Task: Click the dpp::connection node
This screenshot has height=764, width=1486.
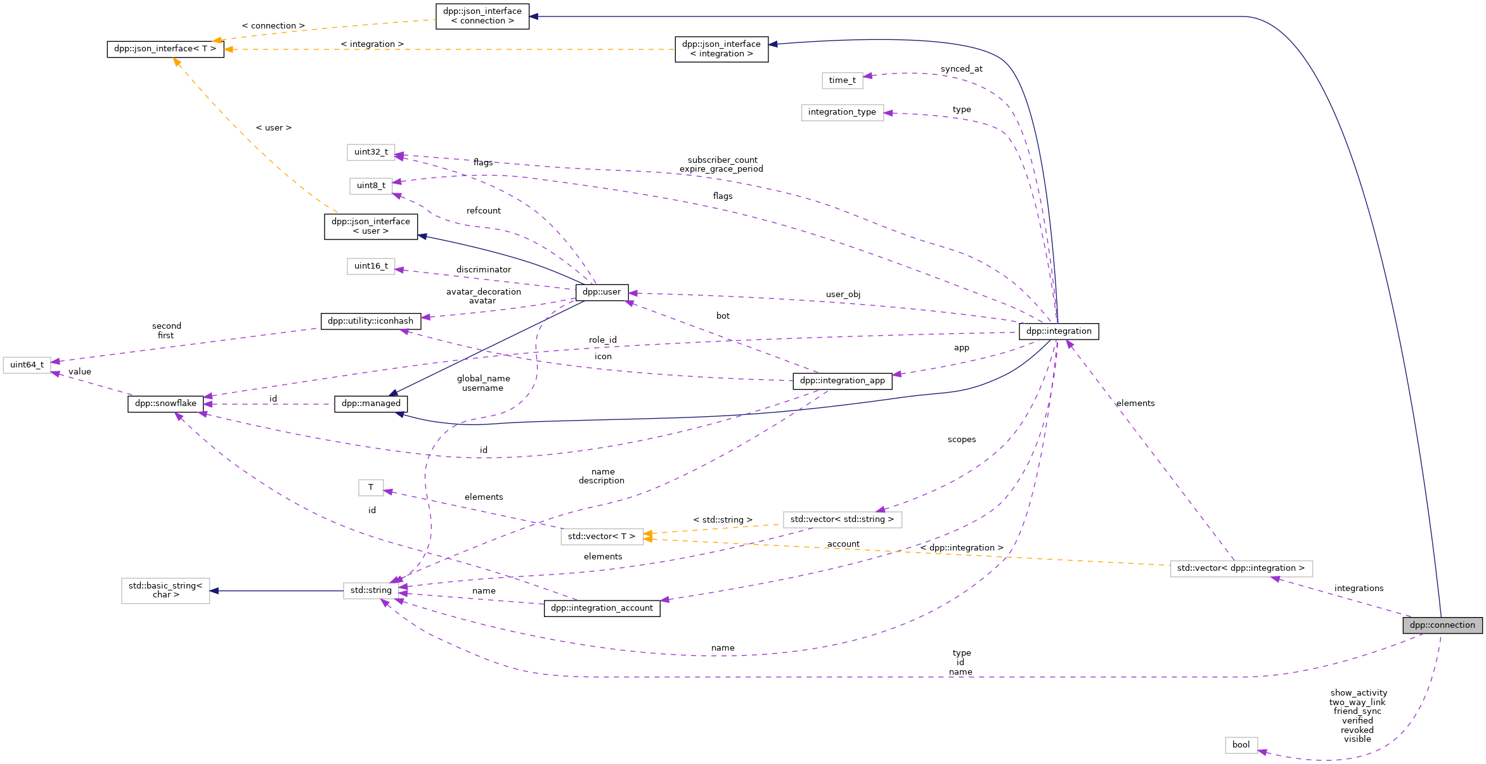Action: [1442, 625]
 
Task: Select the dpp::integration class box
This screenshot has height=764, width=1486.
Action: [1059, 331]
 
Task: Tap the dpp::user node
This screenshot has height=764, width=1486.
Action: [602, 292]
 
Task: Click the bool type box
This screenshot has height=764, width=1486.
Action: [1241, 745]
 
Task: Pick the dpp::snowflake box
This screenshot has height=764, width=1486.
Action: [165, 404]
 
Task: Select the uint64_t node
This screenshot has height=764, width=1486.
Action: [27, 365]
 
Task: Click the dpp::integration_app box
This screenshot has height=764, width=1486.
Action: [842, 381]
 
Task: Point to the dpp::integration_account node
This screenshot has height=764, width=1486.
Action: [602, 608]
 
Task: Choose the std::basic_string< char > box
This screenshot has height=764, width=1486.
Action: [165, 590]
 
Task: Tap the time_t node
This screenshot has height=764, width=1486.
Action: [842, 80]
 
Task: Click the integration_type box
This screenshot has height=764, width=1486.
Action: [842, 112]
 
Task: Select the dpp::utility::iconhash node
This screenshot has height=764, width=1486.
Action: [370, 321]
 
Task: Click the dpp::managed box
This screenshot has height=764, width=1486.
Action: [371, 404]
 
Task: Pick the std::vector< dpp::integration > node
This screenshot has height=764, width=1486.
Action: [1241, 568]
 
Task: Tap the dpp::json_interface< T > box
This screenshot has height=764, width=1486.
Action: [165, 49]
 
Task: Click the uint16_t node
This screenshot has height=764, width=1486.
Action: [371, 266]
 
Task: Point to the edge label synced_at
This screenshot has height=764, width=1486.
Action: [961, 69]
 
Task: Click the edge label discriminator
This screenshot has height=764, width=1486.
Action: [483, 270]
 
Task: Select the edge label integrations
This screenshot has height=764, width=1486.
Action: [1359, 589]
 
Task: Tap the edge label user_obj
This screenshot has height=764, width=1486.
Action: [843, 295]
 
